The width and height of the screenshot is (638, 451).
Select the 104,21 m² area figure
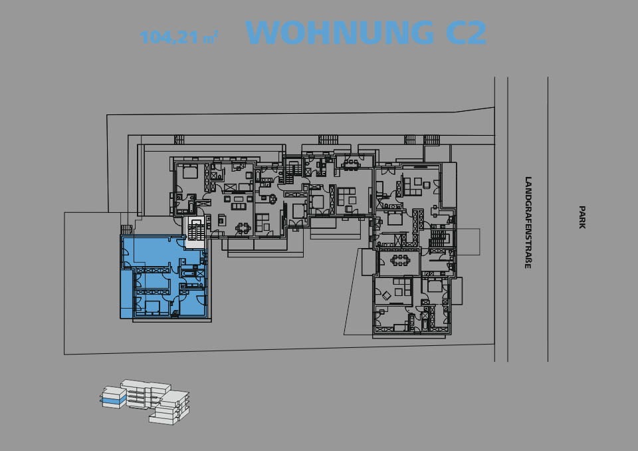(x=179, y=37)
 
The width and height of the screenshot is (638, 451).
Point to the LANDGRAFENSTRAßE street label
(x=528, y=222)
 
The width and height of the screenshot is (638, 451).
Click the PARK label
(x=582, y=217)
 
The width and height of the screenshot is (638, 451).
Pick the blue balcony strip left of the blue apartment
(x=126, y=293)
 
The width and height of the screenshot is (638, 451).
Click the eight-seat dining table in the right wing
(x=400, y=260)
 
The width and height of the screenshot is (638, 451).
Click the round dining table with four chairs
(x=243, y=227)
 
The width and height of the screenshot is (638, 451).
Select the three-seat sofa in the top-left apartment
(x=239, y=206)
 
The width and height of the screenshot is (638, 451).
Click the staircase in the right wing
(x=439, y=238)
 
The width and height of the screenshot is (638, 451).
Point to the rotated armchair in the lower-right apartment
(x=385, y=294)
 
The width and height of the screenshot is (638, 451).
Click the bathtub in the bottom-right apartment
(x=425, y=325)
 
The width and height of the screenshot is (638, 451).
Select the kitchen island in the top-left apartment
(x=221, y=220)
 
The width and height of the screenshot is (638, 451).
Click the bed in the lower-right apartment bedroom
(x=435, y=287)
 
